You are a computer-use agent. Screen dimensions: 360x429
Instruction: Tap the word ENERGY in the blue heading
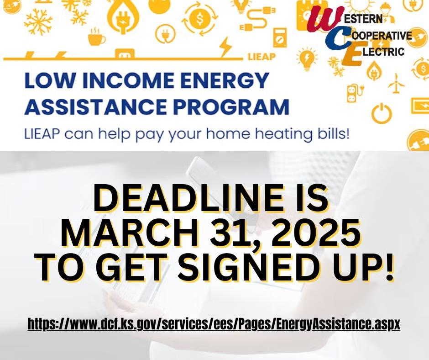click(227, 81)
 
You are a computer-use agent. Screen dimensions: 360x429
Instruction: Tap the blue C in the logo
click(338, 38)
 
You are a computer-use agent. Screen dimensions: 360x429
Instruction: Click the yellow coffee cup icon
click(96, 37)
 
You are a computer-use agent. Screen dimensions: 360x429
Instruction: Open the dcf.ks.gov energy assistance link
click(214, 325)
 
